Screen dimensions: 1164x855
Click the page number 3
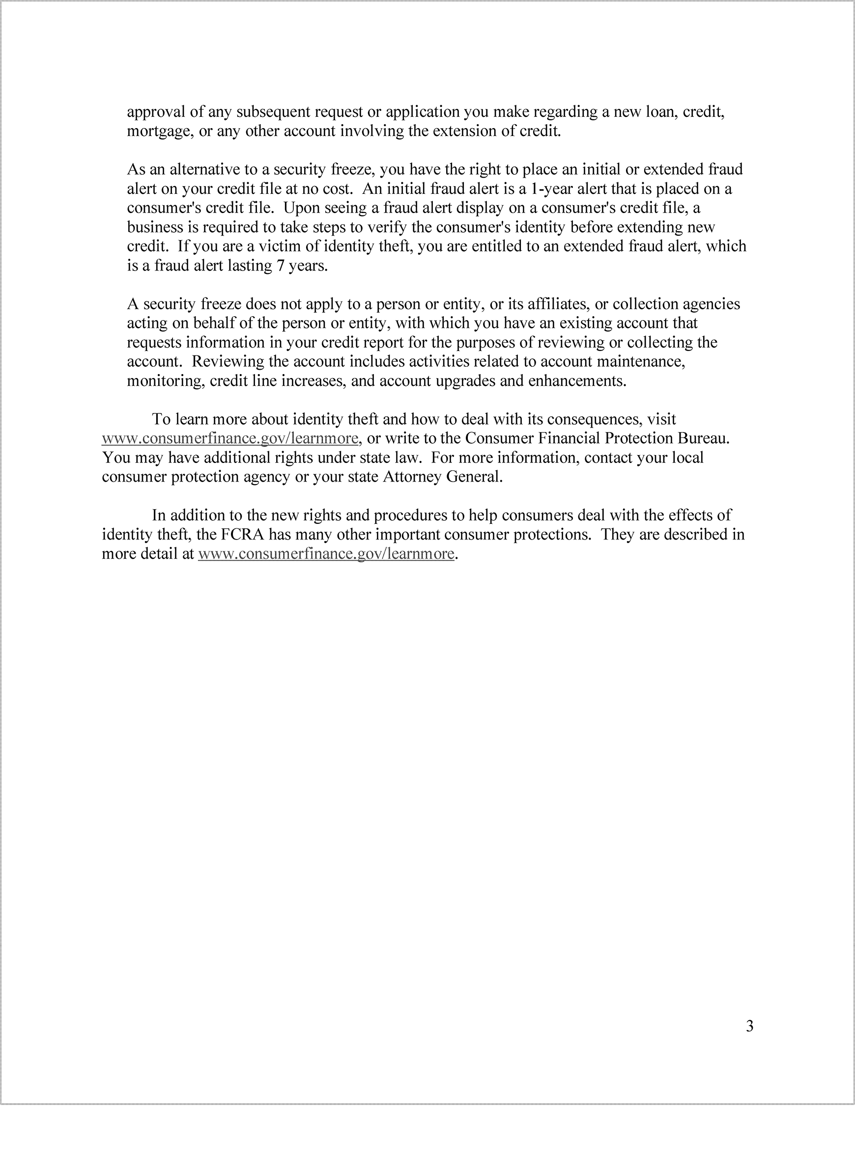[x=749, y=1026]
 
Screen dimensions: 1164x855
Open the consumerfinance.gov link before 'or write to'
[x=230, y=438]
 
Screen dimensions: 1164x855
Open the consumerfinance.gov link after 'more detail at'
[x=326, y=554]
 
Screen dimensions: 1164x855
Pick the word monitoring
[x=165, y=381]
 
